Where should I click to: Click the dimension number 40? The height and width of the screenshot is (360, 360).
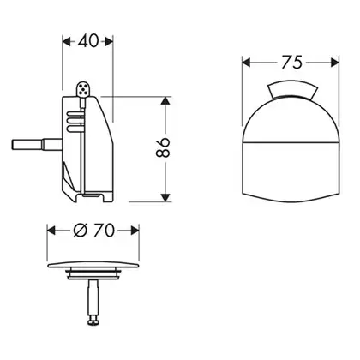click(x=87, y=41)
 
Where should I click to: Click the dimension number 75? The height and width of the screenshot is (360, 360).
click(x=291, y=63)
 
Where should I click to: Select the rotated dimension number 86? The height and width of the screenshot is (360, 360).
click(x=163, y=147)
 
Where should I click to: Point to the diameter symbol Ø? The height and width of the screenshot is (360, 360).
click(x=80, y=231)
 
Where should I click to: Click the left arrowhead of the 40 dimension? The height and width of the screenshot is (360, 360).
click(x=66, y=42)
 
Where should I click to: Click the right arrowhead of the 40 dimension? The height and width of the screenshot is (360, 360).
click(x=109, y=42)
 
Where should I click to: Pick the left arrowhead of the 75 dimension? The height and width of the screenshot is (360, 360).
click(x=246, y=63)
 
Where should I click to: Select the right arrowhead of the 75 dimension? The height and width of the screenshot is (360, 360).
click(x=335, y=63)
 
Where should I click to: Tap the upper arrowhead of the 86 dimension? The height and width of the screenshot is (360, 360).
click(x=165, y=101)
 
